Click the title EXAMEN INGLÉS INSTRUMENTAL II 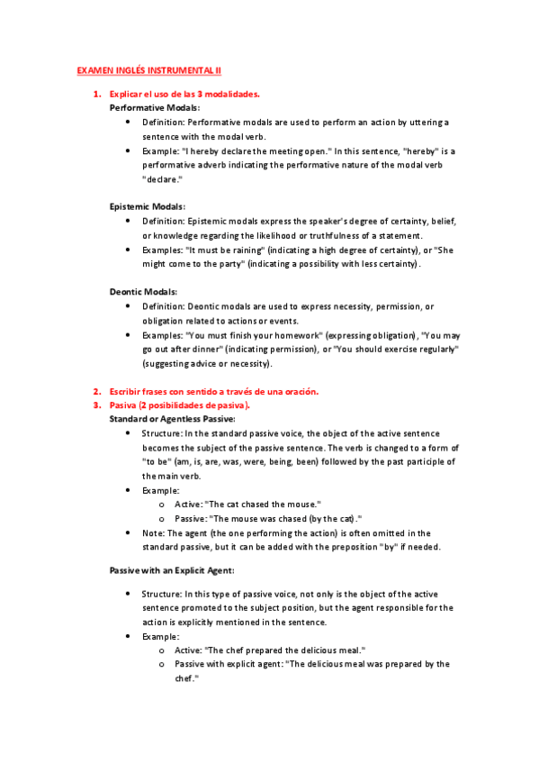coord(148,69)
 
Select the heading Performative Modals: coord(148,107)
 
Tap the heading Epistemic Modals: coord(147,206)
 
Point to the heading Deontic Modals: coord(143,291)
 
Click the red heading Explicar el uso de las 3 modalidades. coord(184,94)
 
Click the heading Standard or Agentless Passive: coord(172,419)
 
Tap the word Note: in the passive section coord(153,532)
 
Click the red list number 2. coord(96,391)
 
